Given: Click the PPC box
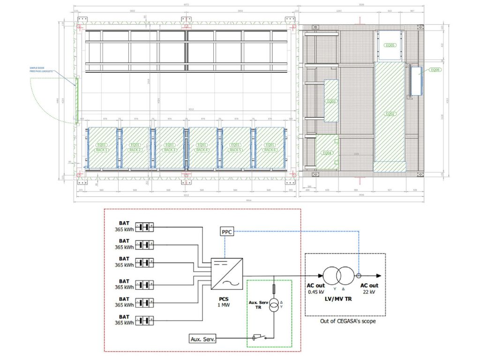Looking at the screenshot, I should click(x=226, y=232).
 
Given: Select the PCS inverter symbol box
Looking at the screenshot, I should click(x=227, y=274).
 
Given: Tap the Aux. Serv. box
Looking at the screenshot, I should click(x=203, y=338).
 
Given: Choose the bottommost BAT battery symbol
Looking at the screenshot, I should click(x=144, y=321).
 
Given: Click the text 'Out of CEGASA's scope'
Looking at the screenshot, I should click(x=346, y=321).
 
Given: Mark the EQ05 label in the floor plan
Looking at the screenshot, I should click(x=390, y=45).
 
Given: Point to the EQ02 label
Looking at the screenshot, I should click(x=390, y=113).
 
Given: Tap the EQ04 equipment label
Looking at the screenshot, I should click(x=327, y=153).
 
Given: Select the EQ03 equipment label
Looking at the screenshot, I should click(x=331, y=101).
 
